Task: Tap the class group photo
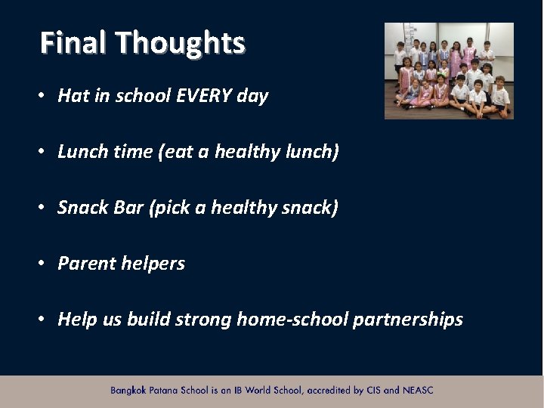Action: coord(449,71)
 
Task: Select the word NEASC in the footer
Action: coord(419,391)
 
